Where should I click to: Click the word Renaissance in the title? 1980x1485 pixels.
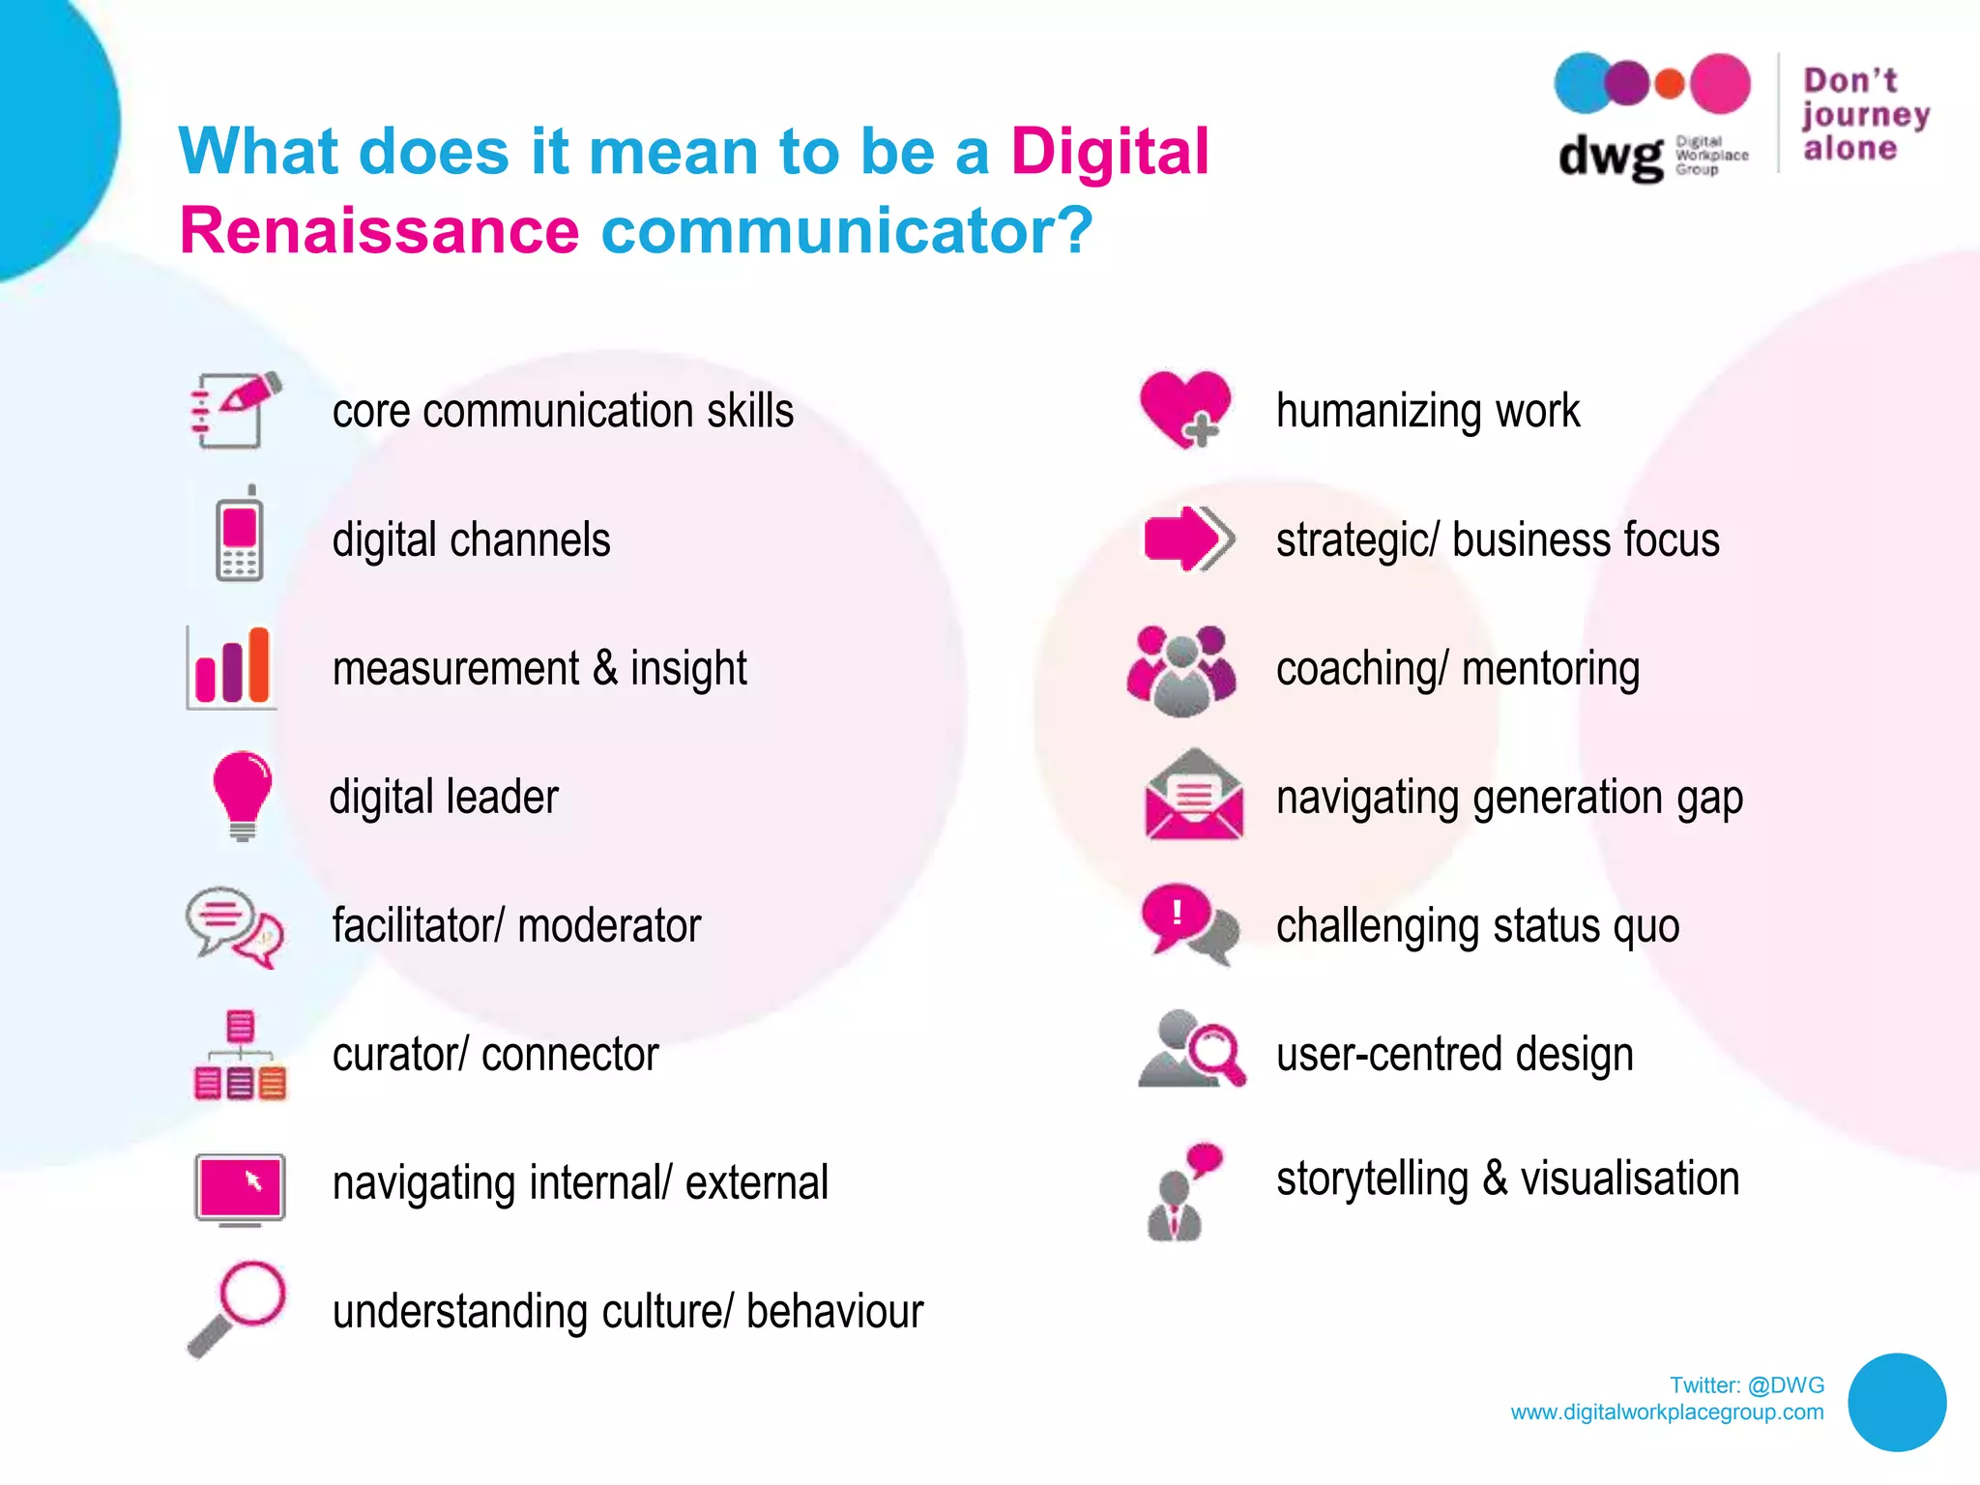379,231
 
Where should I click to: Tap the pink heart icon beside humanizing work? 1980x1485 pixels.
1184,406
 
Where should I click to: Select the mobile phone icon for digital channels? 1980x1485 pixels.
239,535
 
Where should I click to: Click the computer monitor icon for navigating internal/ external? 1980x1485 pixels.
240,1187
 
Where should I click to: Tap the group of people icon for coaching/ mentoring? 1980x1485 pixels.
1181,669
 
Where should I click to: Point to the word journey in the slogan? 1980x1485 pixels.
1865,115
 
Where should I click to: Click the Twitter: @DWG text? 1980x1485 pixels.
1746,1385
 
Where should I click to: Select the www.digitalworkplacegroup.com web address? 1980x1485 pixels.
1667,1412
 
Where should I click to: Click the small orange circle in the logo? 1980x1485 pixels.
1670,84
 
